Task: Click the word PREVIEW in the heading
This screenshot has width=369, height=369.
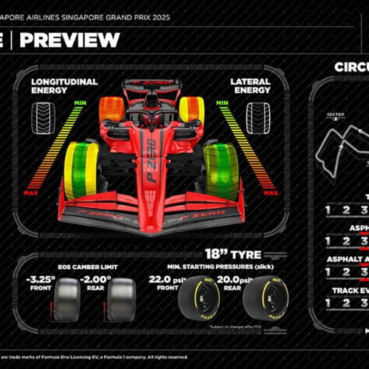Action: pyautogui.click(x=70, y=40)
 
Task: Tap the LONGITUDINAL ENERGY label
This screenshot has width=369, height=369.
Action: pyautogui.click(x=64, y=86)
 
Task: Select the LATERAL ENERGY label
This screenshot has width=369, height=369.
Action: pyautogui.click(x=251, y=86)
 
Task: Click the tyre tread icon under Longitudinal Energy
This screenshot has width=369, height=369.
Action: pyautogui.click(x=43, y=118)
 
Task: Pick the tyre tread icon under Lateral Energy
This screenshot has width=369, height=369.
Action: pyautogui.click(x=258, y=118)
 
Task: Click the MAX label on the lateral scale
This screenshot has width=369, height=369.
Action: pyautogui.click(x=271, y=193)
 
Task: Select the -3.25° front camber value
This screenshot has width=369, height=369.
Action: pyautogui.click(x=41, y=279)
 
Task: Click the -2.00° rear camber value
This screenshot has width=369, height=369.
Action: pyautogui.click(x=95, y=279)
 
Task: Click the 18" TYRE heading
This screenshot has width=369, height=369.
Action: pyautogui.click(x=233, y=254)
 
